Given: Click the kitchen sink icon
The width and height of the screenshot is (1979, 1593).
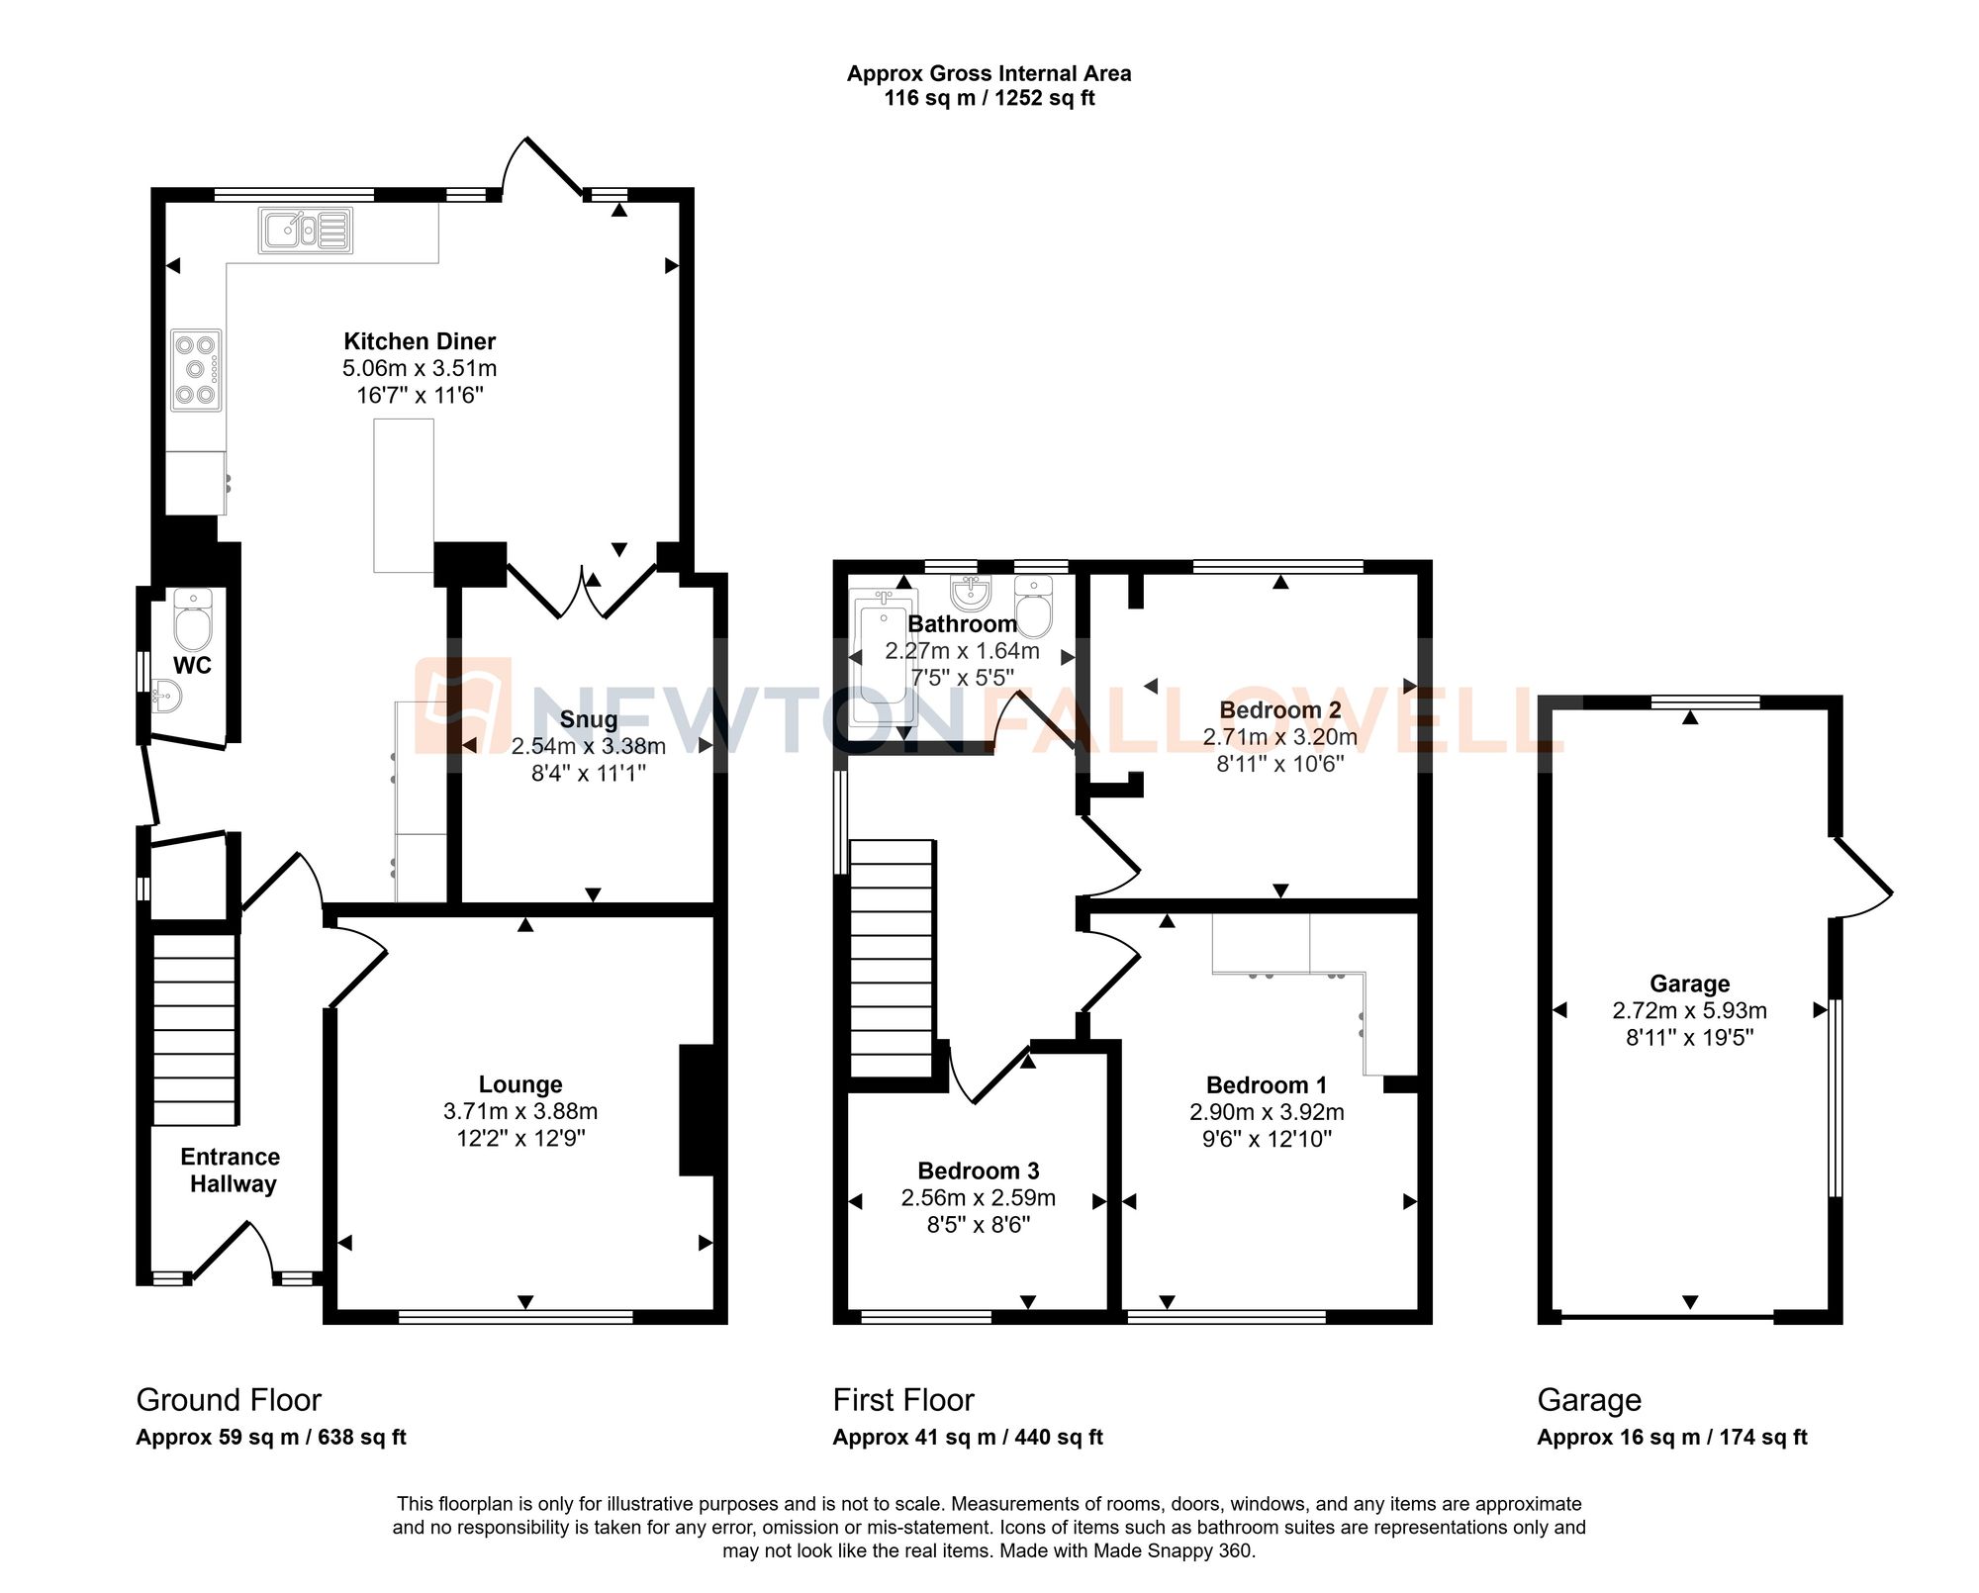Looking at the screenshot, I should coord(306,231).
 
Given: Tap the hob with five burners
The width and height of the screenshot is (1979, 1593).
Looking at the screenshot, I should coord(195,370).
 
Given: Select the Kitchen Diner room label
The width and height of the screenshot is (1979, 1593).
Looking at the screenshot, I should coord(420,341).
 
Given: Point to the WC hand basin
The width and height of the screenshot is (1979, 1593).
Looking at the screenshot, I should coord(166,697).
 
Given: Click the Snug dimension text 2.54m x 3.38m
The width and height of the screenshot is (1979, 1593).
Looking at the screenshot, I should coord(588,746).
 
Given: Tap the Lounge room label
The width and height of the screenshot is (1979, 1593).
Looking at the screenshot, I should coord(520,1084).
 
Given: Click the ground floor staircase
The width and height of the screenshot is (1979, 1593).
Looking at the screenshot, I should coord(195,1029).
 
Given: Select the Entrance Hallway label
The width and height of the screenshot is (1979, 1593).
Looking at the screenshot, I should coord(232,1171).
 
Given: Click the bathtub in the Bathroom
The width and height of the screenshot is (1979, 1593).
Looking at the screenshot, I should coord(881,658).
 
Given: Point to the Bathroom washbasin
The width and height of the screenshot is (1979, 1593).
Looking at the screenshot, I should coord(972,593).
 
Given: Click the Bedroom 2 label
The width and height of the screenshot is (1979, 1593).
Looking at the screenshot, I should coord(1279,709).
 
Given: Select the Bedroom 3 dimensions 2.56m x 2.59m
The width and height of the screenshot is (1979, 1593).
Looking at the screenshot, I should coord(978,1198).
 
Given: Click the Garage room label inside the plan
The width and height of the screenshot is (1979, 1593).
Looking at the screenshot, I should coord(1689,984).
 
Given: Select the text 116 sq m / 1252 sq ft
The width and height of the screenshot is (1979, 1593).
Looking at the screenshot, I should coord(989,98).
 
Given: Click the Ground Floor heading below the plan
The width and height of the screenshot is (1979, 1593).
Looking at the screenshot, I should coord(229,1400).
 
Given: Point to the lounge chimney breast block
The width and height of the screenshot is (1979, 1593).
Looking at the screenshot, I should coord(697,1110).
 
